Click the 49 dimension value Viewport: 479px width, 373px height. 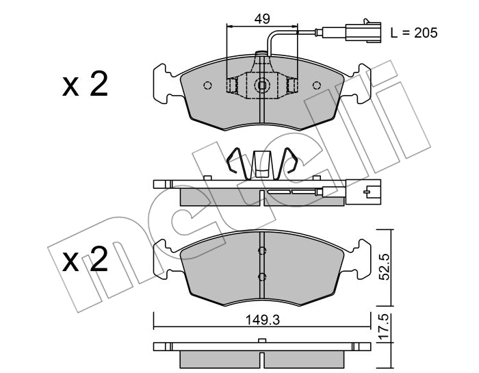click(262, 19)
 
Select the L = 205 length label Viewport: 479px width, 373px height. click(414, 32)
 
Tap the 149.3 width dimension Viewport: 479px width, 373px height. click(263, 320)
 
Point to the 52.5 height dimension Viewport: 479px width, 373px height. click(385, 268)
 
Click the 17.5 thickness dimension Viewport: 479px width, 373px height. click(385, 326)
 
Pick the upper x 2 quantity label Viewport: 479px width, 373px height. click(86, 84)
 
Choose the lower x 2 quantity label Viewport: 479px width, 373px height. click(86, 259)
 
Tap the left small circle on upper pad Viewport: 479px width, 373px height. click(207, 86)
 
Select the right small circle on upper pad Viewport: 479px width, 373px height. click(317, 86)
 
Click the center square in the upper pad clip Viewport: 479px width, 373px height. click(262, 86)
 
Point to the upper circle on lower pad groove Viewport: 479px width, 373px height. click(262, 250)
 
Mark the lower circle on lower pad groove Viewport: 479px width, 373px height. click(262, 277)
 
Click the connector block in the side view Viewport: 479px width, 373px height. click(363, 192)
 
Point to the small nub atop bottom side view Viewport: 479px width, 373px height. click(262, 341)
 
